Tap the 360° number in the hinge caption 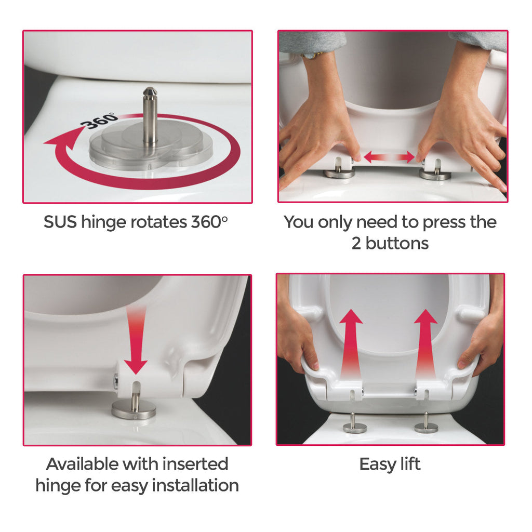pyautogui.click(x=209, y=222)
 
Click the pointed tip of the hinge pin pyautogui.click(x=150, y=88)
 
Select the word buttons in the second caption pyautogui.click(x=397, y=243)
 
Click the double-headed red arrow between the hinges pyautogui.click(x=389, y=157)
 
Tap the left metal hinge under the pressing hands pyautogui.click(x=339, y=170)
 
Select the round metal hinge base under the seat pyautogui.click(x=134, y=409)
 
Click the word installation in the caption pyautogui.click(x=195, y=485)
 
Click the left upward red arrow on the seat pyautogui.click(x=351, y=343)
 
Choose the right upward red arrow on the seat pyautogui.click(x=426, y=343)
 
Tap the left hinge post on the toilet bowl pyautogui.click(x=355, y=424)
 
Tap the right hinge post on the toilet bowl pyautogui.click(x=426, y=424)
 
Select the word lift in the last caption pyautogui.click(x=410, y=464)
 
